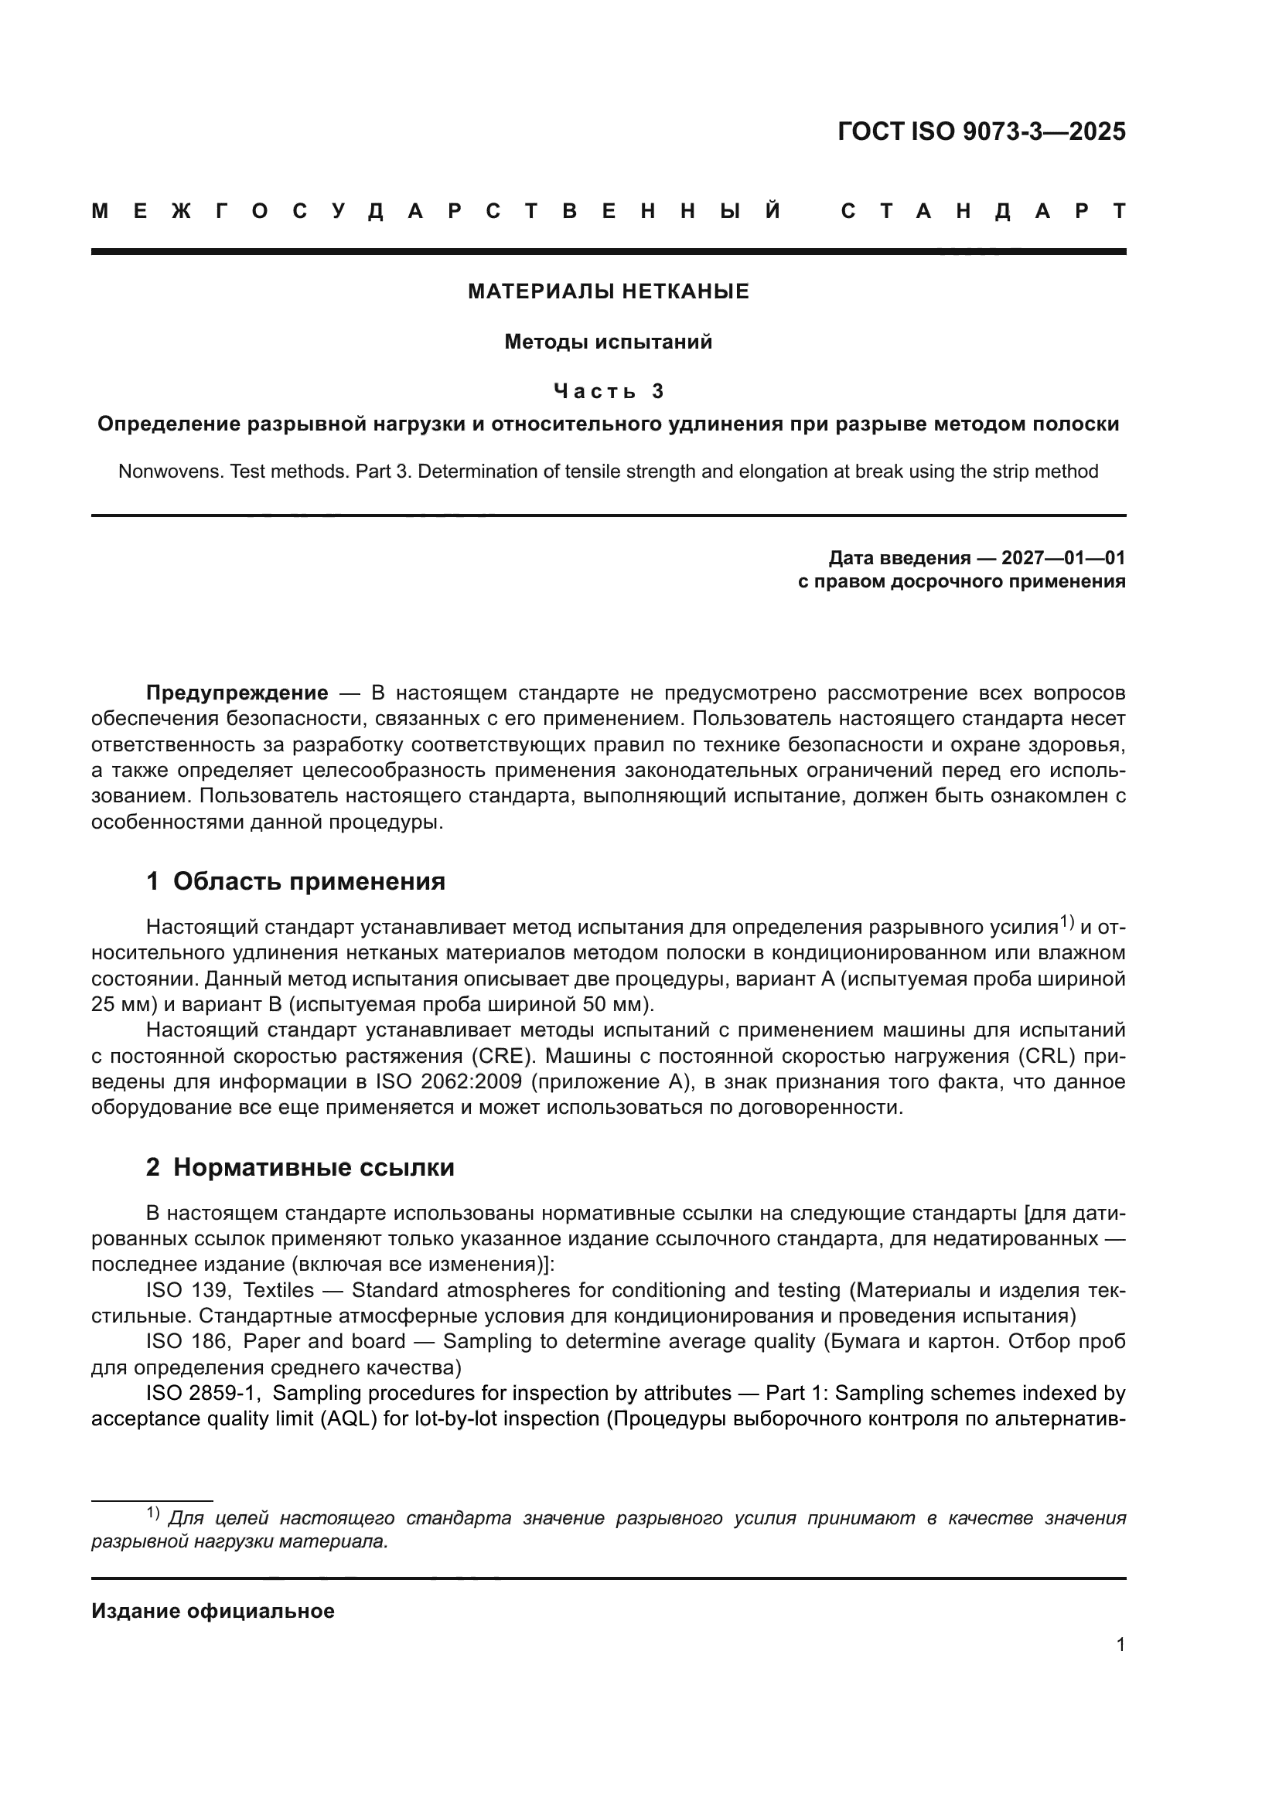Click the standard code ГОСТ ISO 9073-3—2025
981,131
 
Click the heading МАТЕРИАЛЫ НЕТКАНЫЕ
608,292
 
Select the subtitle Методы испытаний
608,342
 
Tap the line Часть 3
608,391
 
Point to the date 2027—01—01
1063,558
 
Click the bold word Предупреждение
237,693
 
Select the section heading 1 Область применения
295,881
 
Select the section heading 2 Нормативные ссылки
300,1167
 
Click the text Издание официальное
213,1611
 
